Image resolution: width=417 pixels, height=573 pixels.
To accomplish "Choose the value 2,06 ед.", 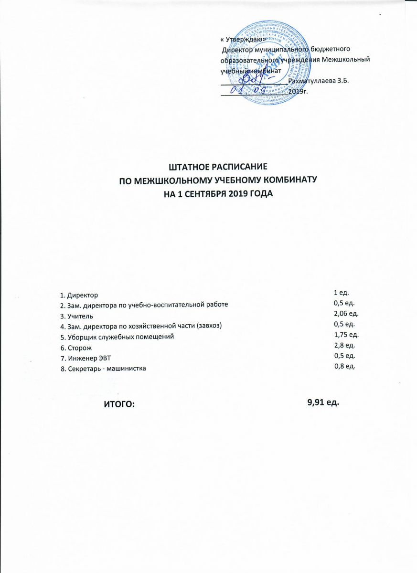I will (346, 313).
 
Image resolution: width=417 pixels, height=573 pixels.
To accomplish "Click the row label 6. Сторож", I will (76, 348).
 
